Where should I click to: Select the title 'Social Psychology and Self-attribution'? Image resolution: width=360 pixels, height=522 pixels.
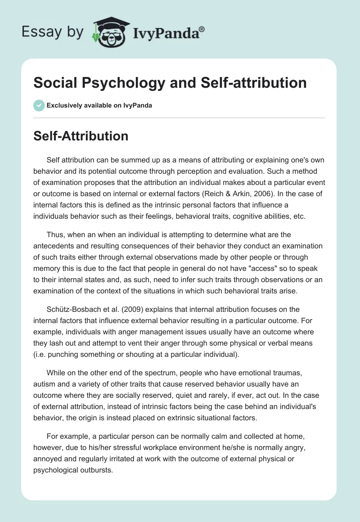click(x=170, y=82)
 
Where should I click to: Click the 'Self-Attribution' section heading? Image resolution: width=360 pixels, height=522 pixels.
click(x=81, y=136)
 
